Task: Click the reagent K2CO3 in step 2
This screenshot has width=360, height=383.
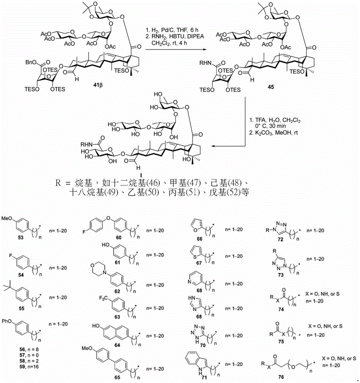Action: click(x=262, y=130)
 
